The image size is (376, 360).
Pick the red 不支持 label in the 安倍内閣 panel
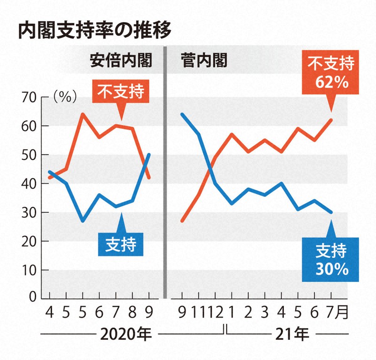[x=121, y=91]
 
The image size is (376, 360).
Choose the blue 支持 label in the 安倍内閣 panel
[x=121, y=243]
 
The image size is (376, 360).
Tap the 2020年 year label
[x=125, y=335]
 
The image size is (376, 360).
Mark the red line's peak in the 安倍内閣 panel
[x=83, y=114]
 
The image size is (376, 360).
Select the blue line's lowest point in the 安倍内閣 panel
[x=83, y=220]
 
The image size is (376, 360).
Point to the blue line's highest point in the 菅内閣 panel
[x=182, y=114]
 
